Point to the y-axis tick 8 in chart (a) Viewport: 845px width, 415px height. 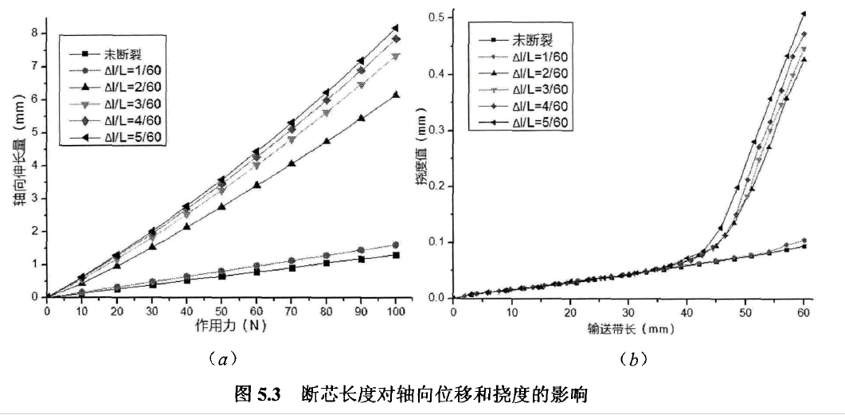tap(35, 33)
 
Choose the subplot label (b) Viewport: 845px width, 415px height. tap(633, 360)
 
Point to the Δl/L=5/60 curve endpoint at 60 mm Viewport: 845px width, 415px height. tap(804, 14)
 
